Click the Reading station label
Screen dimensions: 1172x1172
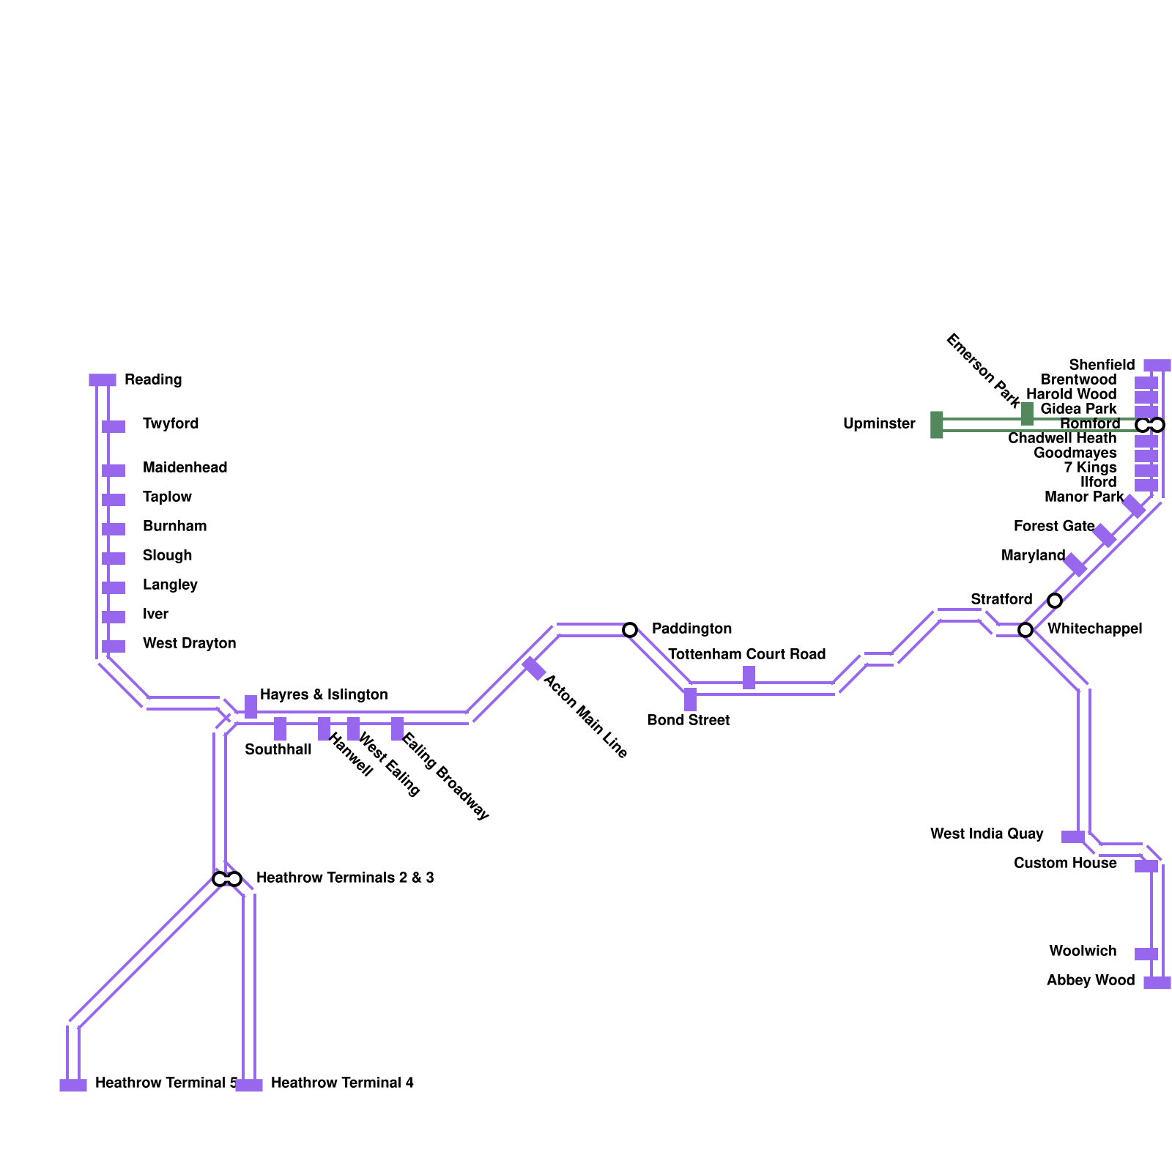153,379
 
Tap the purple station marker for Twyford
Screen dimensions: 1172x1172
114,426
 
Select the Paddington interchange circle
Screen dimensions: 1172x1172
630,630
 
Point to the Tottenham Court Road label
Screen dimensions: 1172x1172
746,654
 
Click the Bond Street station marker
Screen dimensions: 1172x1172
690,700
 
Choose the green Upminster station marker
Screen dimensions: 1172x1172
936,425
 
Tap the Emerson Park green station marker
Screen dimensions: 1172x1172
1027,414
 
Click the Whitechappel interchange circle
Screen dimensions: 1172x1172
1025,630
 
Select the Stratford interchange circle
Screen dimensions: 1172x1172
1055,601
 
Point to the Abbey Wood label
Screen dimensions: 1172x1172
1090,980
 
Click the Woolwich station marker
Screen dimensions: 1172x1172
1146,954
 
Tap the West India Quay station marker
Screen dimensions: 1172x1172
1073,837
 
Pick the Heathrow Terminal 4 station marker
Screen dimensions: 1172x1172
249,1086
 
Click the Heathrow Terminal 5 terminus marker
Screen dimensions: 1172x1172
73,1086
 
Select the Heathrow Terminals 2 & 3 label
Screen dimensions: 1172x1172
345,878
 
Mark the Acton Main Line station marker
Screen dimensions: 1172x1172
534,669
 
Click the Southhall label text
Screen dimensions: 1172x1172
278,749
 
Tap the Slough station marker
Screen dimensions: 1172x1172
114,558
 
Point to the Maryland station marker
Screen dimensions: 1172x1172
1075,565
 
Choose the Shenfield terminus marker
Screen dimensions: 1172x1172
1157,366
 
